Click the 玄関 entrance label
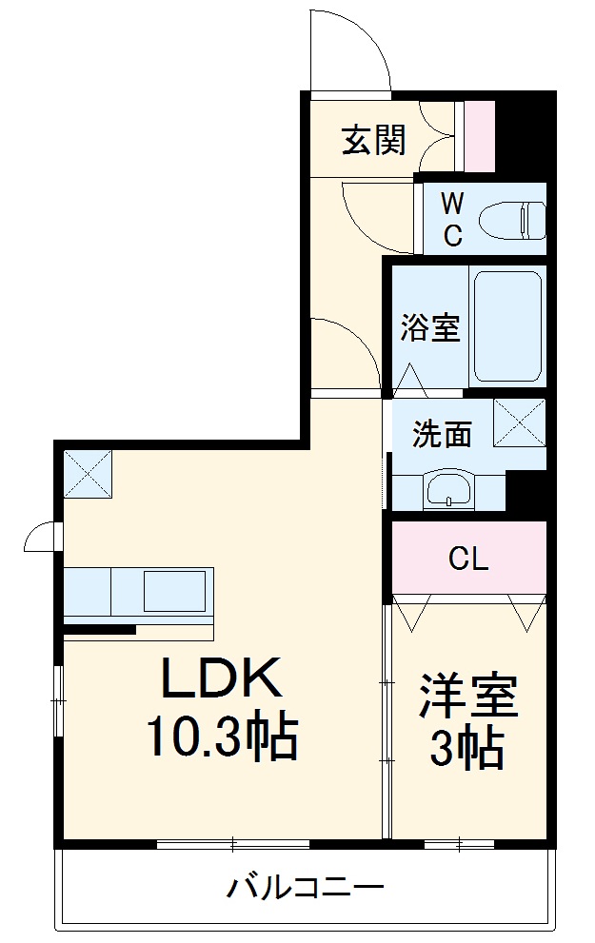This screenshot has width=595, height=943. tap(374, 141)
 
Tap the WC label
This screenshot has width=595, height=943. tap(453, 219)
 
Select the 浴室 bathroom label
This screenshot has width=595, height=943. tap(429, 328)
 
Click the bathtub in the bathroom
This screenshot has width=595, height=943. tap(507, 326)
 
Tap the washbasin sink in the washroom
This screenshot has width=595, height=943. tap(446, 491)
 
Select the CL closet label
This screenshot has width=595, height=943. tap(468, 559)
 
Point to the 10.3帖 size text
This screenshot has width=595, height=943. tap(222, 737)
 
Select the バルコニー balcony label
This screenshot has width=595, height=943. tap(305, 889)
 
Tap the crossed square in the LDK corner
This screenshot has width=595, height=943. tap(88, 473)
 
